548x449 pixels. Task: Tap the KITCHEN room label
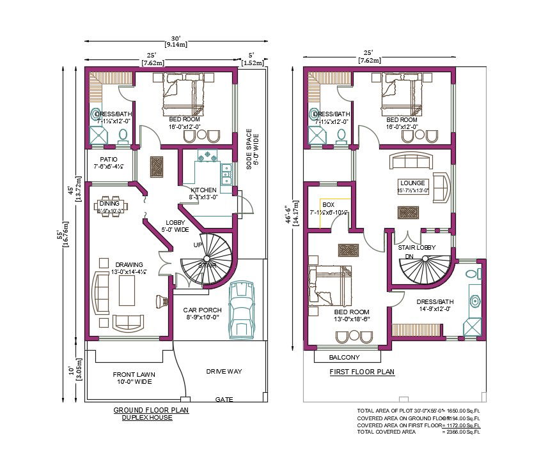[x=203, y=190]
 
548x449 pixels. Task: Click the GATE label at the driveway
[x=224, y=399]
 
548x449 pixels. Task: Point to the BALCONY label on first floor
[x=345, y=357]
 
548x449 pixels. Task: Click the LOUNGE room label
[x=412, y=183]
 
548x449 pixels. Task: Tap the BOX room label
[x=329, y=205]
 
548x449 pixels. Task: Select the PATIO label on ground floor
[x=108, y=160]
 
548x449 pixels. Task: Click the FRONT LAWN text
[x=134, y=374]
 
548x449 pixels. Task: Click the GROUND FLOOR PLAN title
[x=151, y=410]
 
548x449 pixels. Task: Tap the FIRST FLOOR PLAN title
[x=362, y=372]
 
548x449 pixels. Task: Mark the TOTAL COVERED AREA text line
[x=386, y=432]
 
